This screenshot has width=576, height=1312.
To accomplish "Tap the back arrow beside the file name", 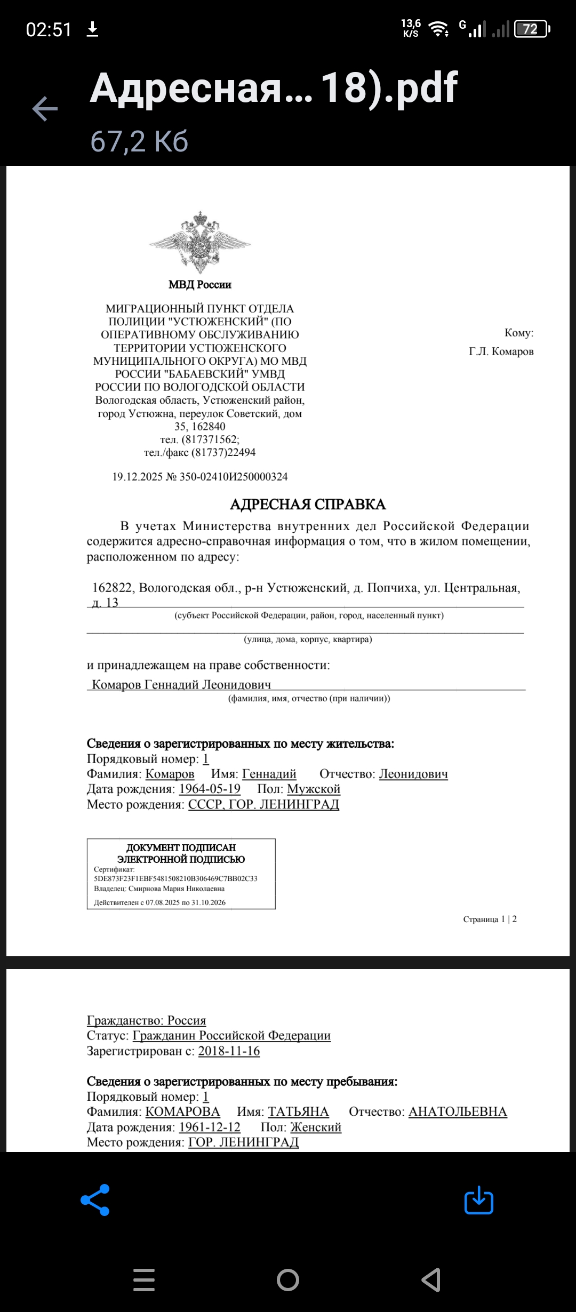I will [x=45, y=109].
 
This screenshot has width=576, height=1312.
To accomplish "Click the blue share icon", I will [x=95, y=1200].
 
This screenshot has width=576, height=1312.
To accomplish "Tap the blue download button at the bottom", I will [x=478, y=1200].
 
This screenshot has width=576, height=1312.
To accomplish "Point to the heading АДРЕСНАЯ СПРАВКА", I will [x=308, y=505].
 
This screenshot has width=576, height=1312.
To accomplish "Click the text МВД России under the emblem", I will [x=200, y=285].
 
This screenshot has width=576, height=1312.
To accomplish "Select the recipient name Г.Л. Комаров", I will [x=501, y=351].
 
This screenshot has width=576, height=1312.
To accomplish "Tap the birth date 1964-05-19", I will [x=210, y=789].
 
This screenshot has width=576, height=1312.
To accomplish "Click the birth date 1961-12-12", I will [x=210, y=1127].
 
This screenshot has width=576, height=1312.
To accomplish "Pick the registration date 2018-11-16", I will [x=229, y=1051].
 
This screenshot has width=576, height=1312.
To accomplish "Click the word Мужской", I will [x=314, y=789].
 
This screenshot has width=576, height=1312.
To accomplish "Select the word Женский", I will [x=316, y=1127].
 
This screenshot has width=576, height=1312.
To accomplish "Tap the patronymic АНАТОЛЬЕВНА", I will [x=458, y=1111].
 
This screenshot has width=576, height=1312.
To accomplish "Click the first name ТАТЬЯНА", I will [x=298, y=1111].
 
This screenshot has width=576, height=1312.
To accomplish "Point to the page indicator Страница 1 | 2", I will [x=490, y=919].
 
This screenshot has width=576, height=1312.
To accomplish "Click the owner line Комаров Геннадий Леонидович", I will [x=181, y=684].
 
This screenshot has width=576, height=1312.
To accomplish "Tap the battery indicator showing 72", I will [x=531, y=29].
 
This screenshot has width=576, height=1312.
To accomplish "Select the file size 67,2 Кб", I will [x=139, y=141].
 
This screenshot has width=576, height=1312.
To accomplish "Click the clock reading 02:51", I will [x=49, y=29].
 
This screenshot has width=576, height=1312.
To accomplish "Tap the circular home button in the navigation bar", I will [x=288, y=1279].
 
